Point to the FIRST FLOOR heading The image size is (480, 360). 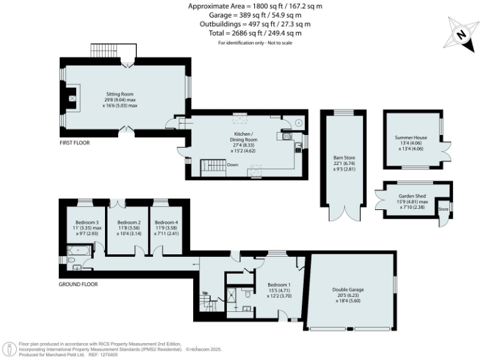74,143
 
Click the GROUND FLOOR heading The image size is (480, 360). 78,284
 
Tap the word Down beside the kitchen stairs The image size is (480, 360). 232,165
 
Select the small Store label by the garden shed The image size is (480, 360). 443,208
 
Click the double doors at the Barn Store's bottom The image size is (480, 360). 341,212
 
